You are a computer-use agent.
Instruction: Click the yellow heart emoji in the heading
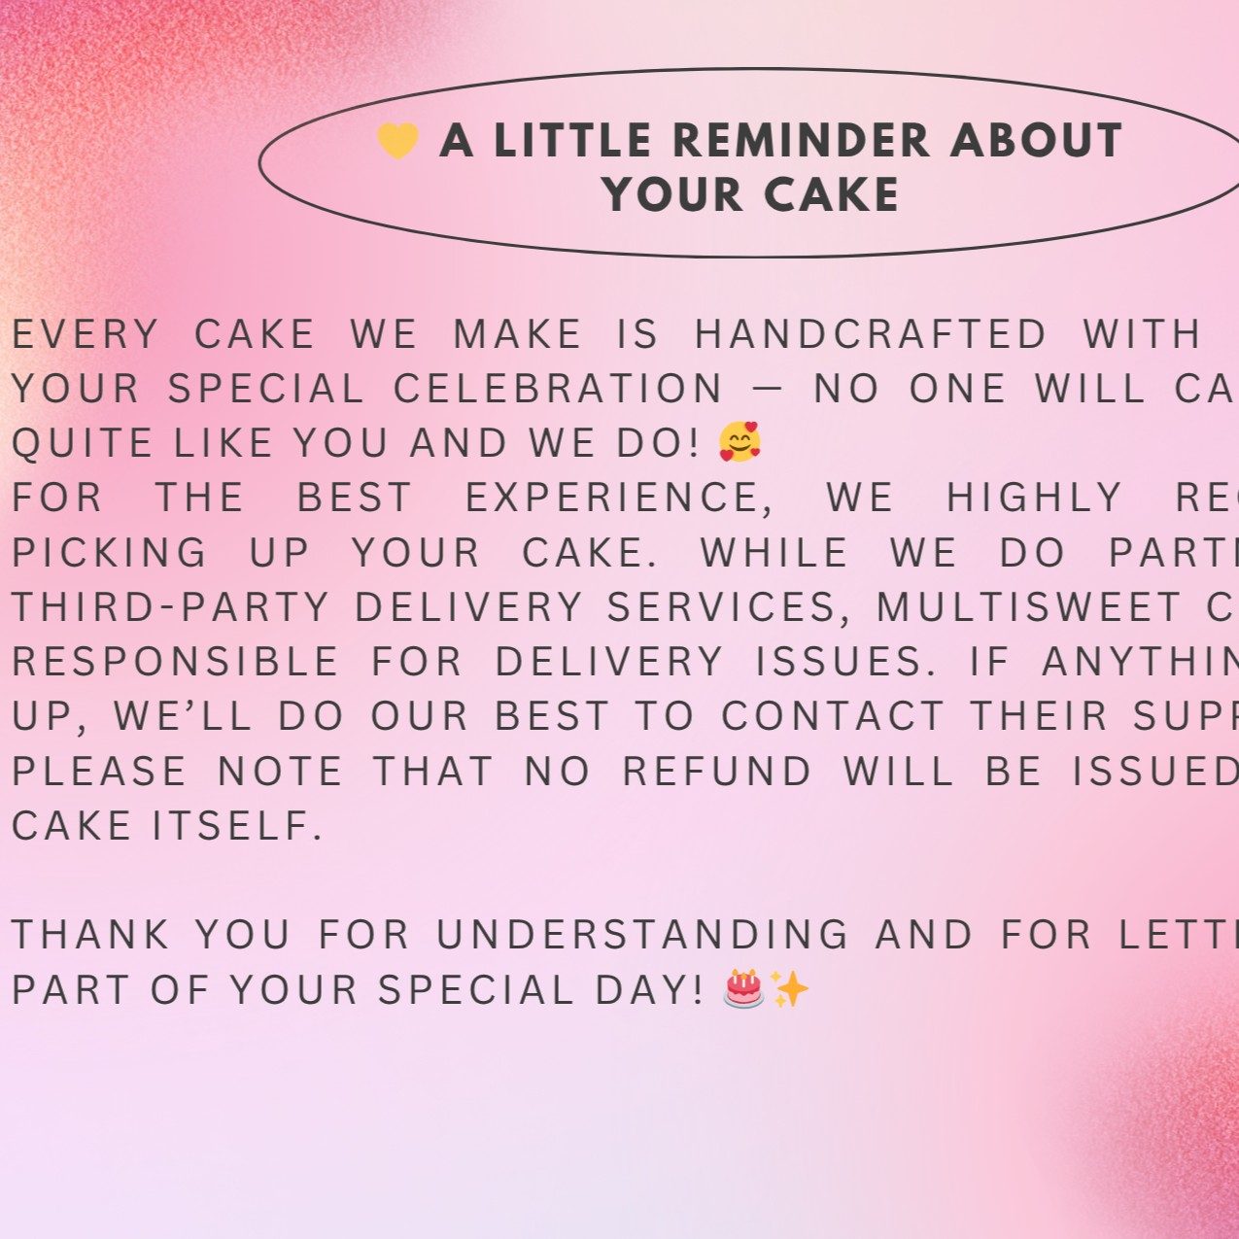397,141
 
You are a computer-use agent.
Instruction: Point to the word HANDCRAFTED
871,335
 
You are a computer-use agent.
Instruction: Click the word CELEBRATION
559,390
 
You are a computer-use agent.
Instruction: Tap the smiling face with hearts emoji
740,442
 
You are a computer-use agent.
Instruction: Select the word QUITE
83,444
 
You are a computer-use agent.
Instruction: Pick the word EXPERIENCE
613,499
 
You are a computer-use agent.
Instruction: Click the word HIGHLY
1035,499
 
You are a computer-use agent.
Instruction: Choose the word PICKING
110,553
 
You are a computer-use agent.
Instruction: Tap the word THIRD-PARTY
171,608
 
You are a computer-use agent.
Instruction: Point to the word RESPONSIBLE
175,663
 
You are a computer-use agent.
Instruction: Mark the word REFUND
717,772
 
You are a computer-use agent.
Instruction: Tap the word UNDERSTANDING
643,936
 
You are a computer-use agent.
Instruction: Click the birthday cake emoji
744,989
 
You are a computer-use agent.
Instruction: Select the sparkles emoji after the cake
789,989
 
